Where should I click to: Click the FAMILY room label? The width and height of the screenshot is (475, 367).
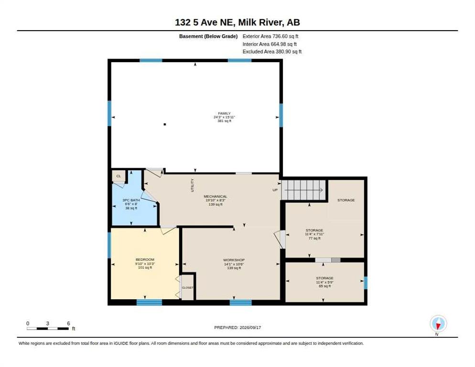pos(224,113)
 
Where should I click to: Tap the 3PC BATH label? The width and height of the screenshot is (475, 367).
pos(131,200)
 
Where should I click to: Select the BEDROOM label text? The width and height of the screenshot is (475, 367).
pos(145,259)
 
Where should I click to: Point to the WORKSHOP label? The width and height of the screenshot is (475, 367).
pos(234,260)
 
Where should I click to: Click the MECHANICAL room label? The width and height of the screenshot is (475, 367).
pos(216,196)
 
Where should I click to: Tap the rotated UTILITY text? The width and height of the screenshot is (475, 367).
pos(192,185)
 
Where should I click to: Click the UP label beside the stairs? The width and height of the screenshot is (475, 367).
pos(275,190)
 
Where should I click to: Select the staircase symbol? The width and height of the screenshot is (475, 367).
pos(304,190)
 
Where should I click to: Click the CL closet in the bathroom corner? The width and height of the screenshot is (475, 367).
pos(119,176)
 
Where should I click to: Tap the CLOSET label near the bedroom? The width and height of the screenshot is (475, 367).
pos(187,287)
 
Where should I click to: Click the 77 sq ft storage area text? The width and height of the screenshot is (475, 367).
pos(314,238)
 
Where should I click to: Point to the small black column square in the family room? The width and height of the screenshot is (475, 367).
pos(165,124)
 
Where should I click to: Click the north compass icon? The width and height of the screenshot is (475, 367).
pos(438,324)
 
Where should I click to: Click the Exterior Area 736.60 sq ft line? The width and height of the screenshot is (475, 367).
pos(270,36)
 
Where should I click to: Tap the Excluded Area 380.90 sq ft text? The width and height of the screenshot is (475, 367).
pos(272,52)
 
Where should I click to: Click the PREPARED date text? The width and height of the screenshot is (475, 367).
pos(237,327)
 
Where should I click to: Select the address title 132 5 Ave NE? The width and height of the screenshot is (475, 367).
pos(205,22)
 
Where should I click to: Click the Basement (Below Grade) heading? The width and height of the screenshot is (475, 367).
pos(208,36)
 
